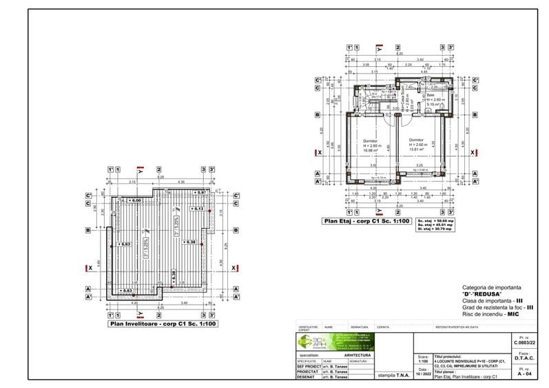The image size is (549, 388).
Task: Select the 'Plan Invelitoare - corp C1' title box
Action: (163, 323)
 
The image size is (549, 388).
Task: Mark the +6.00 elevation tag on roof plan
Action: (133, 200)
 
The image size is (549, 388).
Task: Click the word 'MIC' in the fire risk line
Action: (512, 313)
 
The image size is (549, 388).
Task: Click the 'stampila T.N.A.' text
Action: (392, 376)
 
